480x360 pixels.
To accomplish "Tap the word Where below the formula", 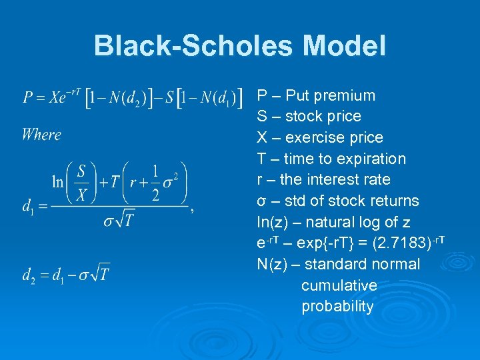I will (x=41, y=135).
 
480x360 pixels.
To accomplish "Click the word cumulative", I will (x=339, y=286).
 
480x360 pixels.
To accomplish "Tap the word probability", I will (x=337, y=307).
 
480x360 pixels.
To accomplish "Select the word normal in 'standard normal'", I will (x=395, y=265).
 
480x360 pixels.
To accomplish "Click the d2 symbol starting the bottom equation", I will (x=29, y=275).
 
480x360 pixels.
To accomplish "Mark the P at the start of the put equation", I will (x=27, y=99).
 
